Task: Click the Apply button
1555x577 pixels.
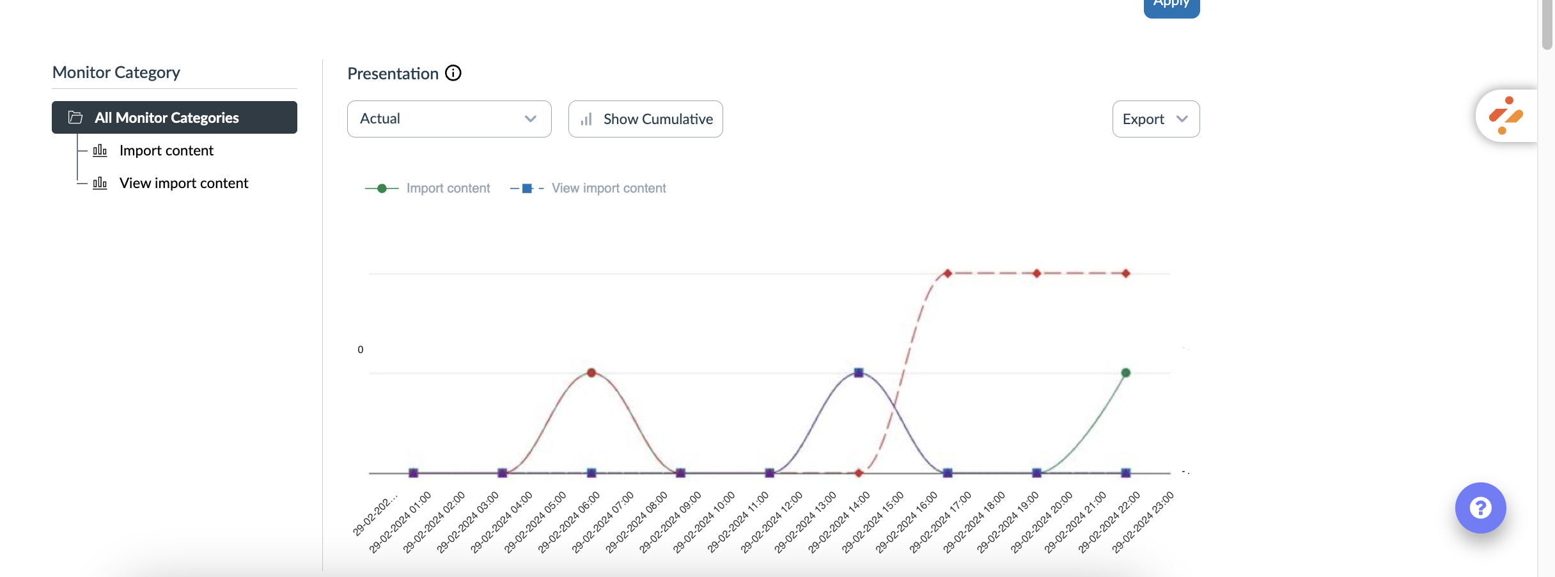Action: [x=1171, y=5]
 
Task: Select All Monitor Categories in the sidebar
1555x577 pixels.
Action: [x=174, y=118]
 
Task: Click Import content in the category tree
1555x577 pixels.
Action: [x=166, y=151]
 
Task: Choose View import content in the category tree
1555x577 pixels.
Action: [x=183, y=184]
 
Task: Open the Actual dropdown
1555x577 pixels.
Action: [x=449, y=119]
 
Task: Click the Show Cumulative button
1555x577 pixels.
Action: [x=645, y=119]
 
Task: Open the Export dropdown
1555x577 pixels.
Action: [x=1155, y=119]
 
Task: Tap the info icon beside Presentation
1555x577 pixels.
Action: [x=453, y=73]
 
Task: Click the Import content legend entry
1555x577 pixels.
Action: [x=447, y=189]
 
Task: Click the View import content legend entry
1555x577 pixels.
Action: [x=608, y=189]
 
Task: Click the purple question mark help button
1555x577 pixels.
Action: [x=1480, y=508]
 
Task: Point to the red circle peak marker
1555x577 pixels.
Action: [x=591, y=372]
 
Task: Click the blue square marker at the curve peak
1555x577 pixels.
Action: [x=859, y=372]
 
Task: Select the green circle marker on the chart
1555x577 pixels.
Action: [x=1126, y=372]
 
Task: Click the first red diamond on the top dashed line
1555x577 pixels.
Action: [x=948, y=273]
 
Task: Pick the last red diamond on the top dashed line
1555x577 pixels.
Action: [x=1126, y=273]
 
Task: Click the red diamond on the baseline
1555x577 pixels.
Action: [x=859, y=473]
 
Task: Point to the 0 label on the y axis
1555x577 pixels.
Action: [x=361, y=350]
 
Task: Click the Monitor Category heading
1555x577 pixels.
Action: [x=116, y=72]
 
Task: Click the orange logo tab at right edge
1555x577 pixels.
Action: [x=1506, y=116]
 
